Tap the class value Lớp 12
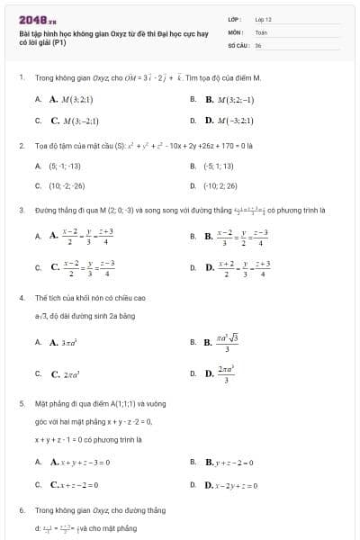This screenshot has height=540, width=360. pos(263,19)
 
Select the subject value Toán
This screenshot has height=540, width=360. pos(261,31)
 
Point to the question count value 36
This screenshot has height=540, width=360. pos(258,43)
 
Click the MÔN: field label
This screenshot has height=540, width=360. pos(235,31)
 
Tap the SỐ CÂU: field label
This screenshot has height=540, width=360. pos(238,43)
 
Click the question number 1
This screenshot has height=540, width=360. pos(21,78)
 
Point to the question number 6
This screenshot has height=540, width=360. pos(21,510)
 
